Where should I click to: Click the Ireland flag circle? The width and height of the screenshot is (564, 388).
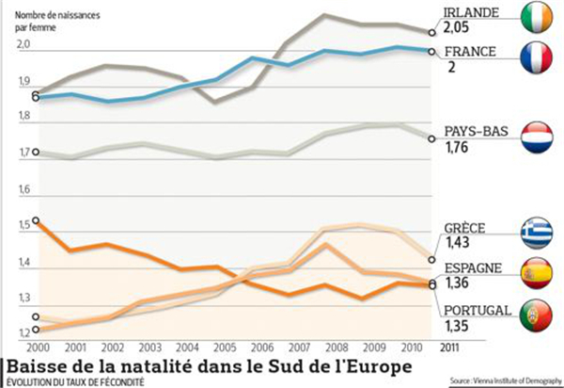[x=535, y=17]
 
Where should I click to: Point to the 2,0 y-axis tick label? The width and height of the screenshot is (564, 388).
[x=23, y=45]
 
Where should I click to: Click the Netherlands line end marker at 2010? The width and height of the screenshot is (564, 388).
[x=431, y=138]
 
